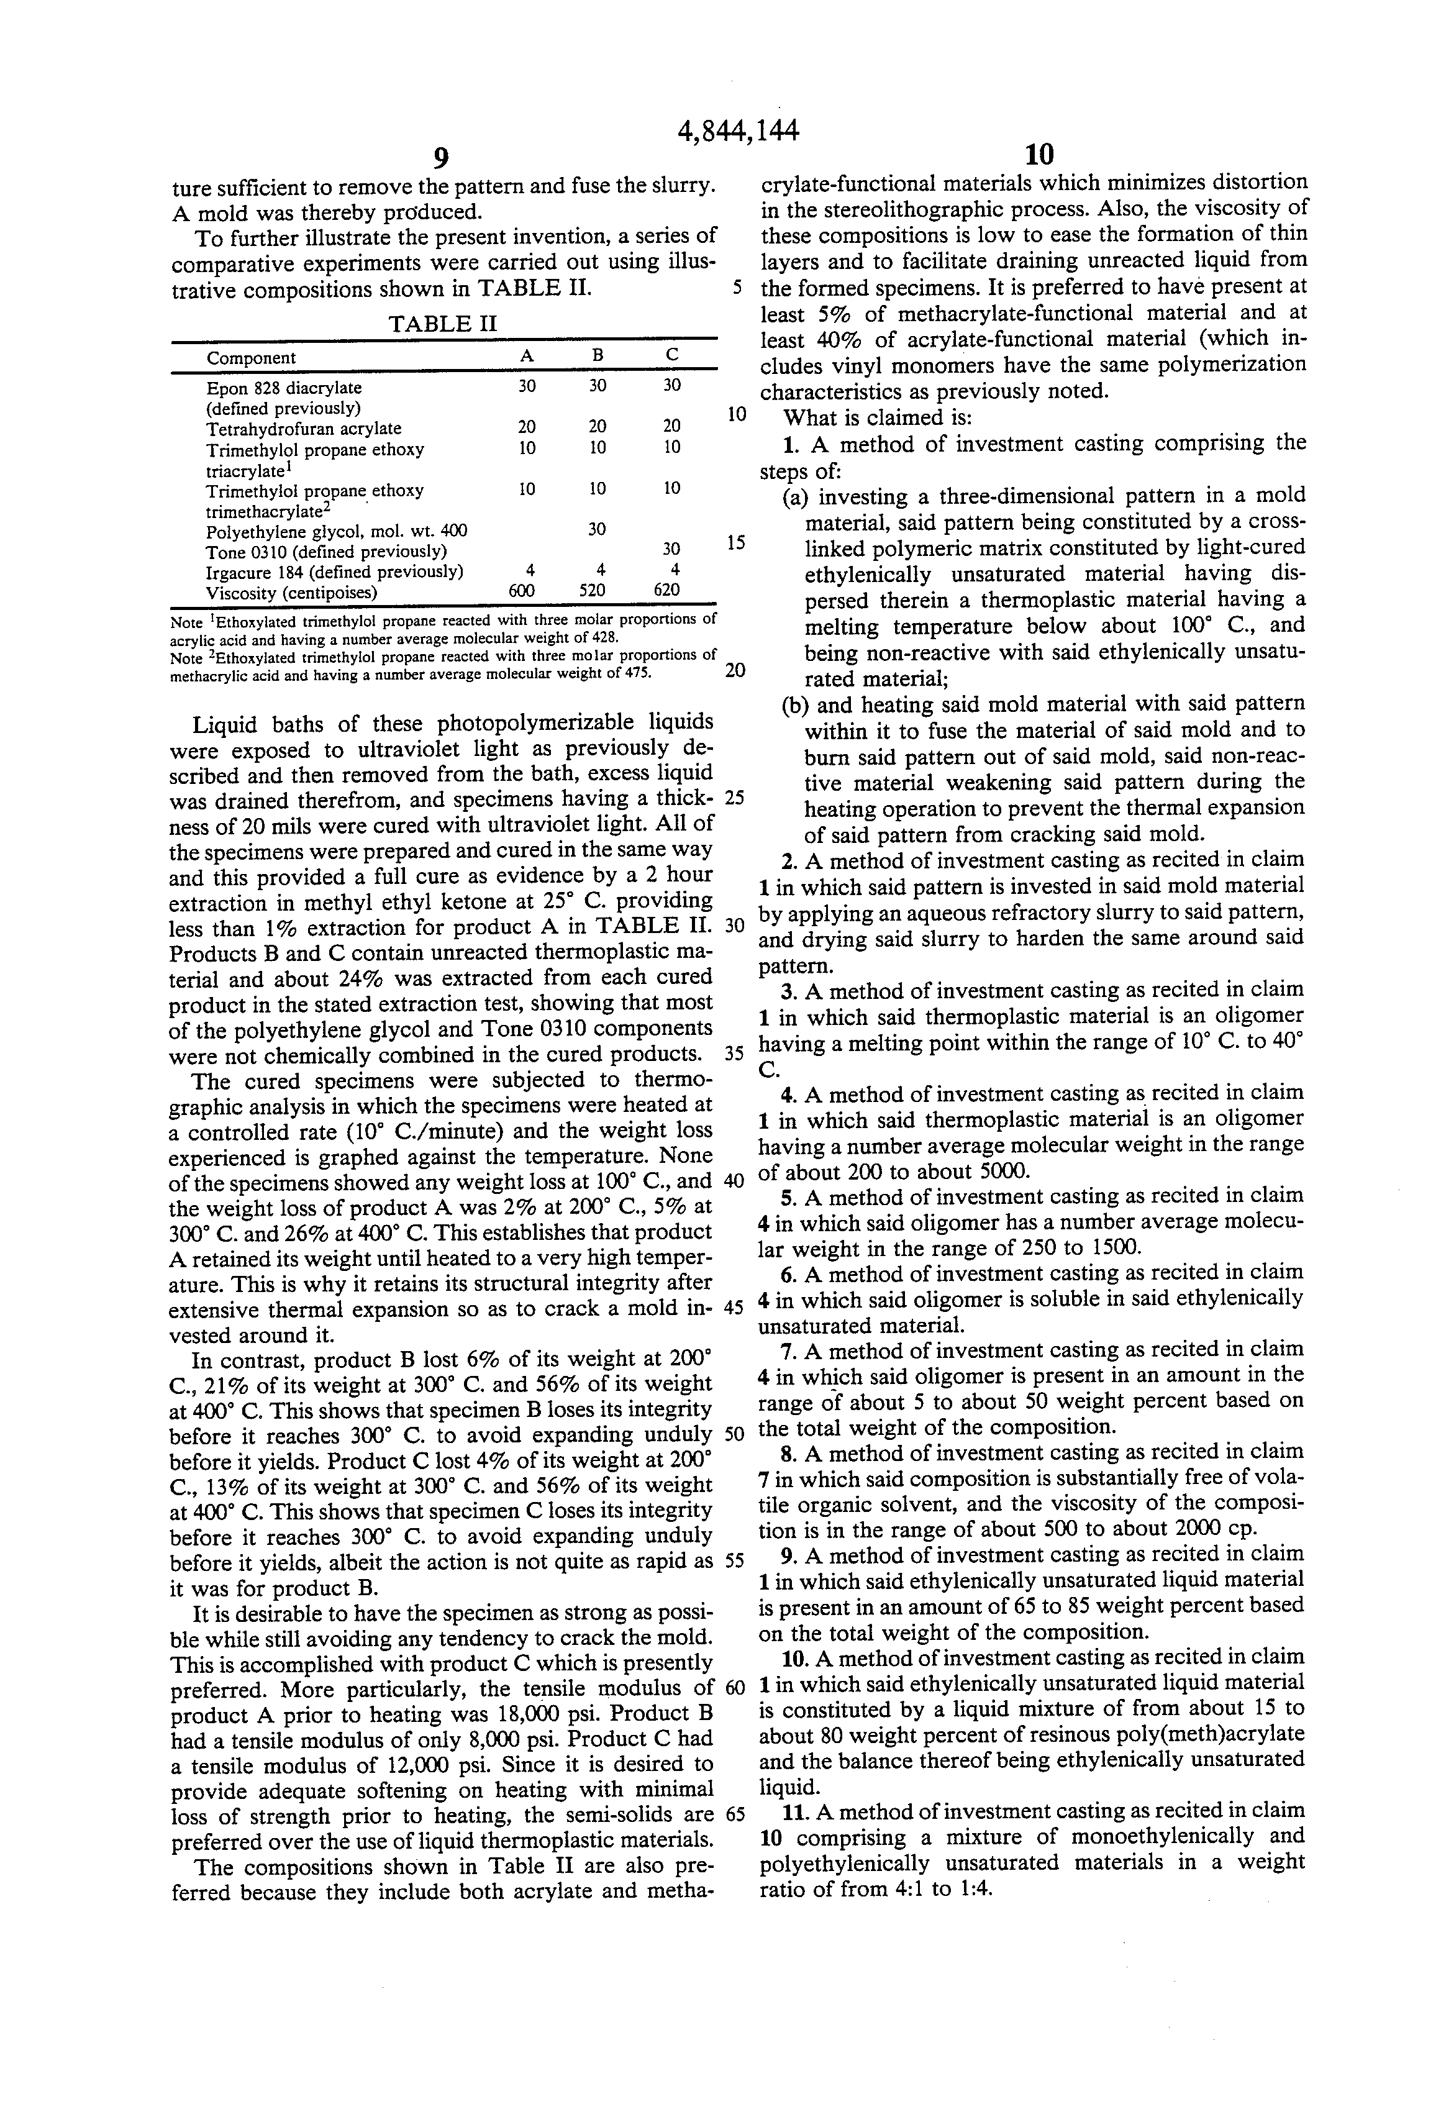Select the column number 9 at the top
click(x=441, y=158)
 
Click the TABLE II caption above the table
click(x=443, y=324)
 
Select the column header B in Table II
click(x=597, y=356)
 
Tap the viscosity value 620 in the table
click(x=666, y=590)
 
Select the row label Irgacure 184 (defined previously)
click(x=334, y=572)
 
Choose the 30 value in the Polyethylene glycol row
click(x=597, y=529)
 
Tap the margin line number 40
click(x=734, y=1181)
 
